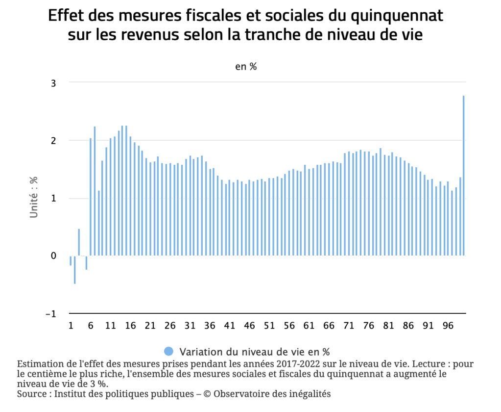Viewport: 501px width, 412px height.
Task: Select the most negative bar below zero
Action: [x=75, y=269]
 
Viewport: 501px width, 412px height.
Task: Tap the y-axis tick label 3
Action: [x=53, y=83]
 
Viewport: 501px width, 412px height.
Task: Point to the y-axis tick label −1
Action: [x=50, y=314]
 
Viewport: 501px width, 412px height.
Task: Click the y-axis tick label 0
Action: [x=53, y=256]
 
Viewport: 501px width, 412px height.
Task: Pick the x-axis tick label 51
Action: [x=269, y=326]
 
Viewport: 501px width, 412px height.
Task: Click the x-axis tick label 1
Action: [x=71, y=326]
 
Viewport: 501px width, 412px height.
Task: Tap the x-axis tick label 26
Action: [x=170, y=326]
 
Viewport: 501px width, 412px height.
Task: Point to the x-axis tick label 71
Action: [x=348, y=326]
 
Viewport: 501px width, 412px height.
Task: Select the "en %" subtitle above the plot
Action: [x=246, y=67]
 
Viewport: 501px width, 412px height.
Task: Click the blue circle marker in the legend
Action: [x=168, y=351]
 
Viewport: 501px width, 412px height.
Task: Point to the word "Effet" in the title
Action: [x=66, y=16]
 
